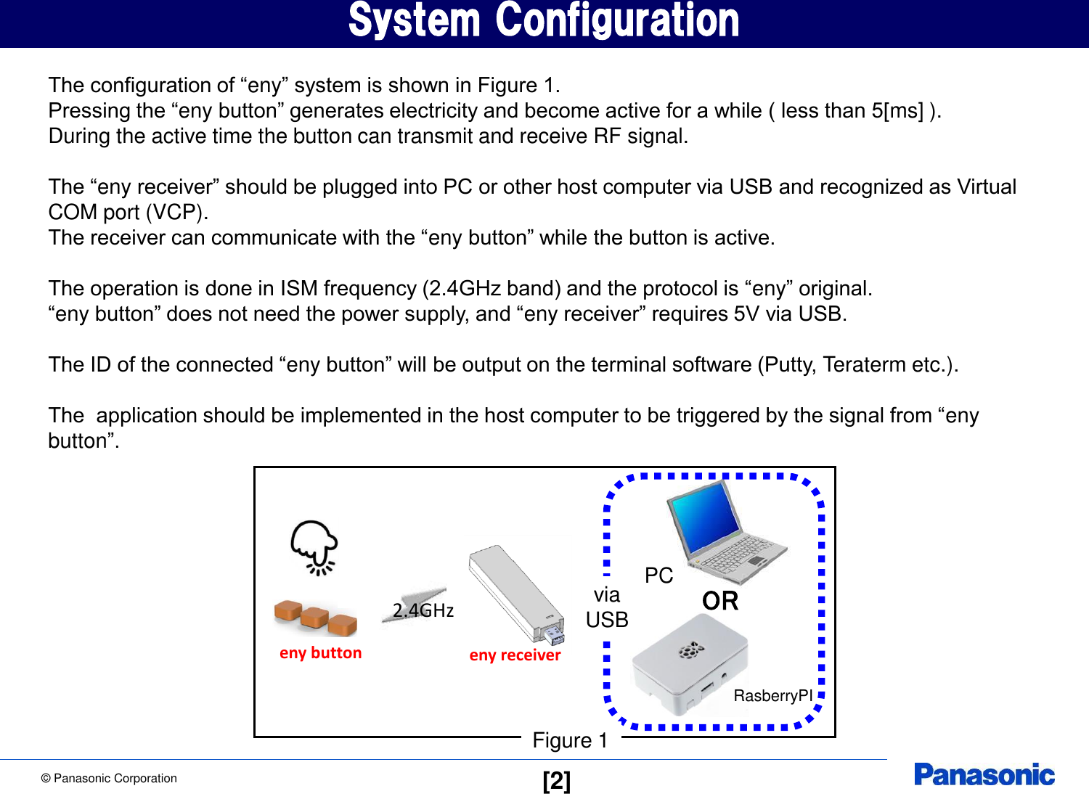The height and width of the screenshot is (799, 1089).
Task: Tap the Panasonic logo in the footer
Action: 984,774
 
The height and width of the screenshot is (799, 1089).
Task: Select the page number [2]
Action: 556,781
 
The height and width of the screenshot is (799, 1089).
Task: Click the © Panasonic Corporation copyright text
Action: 109,778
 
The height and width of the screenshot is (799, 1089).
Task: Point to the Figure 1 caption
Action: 570,740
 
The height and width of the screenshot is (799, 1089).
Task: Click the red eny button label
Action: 320,652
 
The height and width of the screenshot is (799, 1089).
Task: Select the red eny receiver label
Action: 515,655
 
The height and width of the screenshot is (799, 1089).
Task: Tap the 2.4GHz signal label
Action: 423,610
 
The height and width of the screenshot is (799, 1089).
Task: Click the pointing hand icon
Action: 314,546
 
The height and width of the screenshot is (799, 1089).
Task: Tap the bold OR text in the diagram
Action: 720,601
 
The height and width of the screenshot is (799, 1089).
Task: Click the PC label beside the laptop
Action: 658,575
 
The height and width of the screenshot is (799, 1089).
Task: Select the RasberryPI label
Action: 772,695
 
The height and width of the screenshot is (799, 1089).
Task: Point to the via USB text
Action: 607,607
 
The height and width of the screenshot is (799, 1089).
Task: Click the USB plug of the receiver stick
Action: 554,635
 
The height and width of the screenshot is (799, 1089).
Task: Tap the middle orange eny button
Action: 314,618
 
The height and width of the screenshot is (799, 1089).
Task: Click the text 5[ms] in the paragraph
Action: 897,110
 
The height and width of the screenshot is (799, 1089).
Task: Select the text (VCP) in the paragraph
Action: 176,212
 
